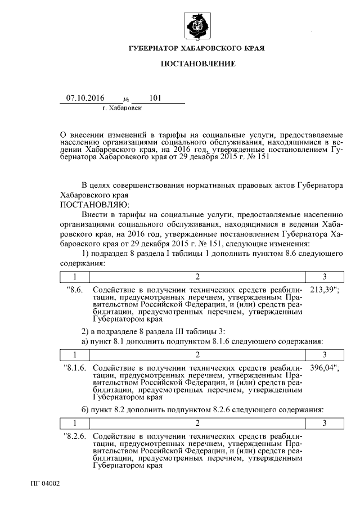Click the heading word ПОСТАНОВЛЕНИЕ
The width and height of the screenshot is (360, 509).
pyautogui.click(x=197, y=65)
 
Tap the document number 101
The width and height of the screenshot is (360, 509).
pyautogui.click(x=156, y=98)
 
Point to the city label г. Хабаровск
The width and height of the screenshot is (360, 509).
pyautogui.click(x=122, y=107)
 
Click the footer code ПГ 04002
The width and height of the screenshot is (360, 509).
pyautogui.click(x=46, y=483)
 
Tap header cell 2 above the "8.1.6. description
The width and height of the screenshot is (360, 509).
pyautogui.click(x=197, y=355)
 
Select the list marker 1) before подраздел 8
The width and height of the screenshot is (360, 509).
pyautogui.click(x=87, y=254)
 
